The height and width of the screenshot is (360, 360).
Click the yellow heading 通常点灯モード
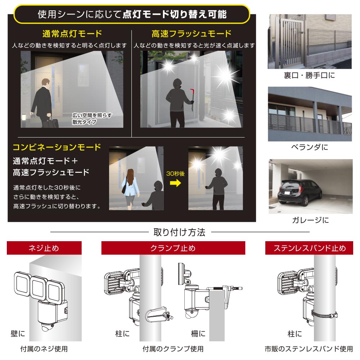click(72, 34)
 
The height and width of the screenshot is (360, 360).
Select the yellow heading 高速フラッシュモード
click(192, 34)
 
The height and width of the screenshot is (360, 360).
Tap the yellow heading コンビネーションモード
click(57, 147)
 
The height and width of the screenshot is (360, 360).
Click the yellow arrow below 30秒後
click(175, 183)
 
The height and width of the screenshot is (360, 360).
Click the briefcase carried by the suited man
click(53, 123)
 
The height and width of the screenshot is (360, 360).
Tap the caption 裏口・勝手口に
click(309, 75)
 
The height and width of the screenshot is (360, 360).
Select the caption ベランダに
click(310, 147)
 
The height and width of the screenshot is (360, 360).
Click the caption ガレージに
click(310, 220)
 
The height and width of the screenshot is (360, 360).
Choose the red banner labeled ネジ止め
click(44, 248)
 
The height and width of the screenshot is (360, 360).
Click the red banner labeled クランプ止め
click(173, 248)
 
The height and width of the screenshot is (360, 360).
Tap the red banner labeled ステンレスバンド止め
click(309, 248)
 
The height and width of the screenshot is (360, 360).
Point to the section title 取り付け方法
click(180, 232)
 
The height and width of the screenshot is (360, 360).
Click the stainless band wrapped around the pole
click(324, 314)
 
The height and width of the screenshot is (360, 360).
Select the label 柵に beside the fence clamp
click(198, 334)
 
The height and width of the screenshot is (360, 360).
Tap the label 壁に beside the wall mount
click(18, 334)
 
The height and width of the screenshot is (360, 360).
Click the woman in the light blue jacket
click(130, 189)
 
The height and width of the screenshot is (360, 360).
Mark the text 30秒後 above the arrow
click(175, 174)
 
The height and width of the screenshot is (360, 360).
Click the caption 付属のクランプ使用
click(173, 349)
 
